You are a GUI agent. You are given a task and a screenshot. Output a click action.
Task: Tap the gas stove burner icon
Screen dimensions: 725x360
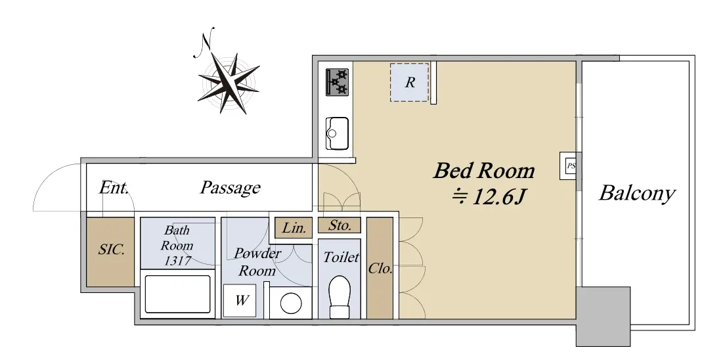(x=337, y=82)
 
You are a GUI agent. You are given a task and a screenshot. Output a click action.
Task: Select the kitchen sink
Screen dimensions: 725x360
(x=337, y=133)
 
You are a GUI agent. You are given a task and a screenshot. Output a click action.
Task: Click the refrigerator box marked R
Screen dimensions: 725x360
(x=410, y=82)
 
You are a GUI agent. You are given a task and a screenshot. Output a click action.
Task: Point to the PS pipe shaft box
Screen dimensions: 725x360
(x=569, y=166)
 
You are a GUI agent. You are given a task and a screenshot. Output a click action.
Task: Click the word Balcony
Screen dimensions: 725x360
(x=637, y=192)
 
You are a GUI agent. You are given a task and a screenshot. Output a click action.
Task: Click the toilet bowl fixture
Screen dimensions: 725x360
(x=340, y=297)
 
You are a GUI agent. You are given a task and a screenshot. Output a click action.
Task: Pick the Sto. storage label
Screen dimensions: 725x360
(x=340, y=225)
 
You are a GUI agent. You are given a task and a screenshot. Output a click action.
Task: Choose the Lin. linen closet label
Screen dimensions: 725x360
(x=294, y=228)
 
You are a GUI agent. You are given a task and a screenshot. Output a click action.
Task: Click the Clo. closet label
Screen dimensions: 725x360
(x=380, y=269)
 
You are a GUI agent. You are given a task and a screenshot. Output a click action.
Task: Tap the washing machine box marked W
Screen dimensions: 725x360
(x=240, y=300)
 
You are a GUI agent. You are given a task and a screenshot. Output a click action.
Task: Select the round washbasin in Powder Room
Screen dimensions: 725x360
(x=291, y=304)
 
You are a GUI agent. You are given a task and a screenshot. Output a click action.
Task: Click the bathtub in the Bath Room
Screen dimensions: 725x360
(x=177, y=294)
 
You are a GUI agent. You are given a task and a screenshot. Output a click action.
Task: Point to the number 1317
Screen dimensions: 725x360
(x=177, y=261)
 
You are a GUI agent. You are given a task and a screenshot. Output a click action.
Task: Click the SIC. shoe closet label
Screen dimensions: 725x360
(x=111, y=250)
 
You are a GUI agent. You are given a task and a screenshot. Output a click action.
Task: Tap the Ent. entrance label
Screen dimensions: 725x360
(x=114, y=187)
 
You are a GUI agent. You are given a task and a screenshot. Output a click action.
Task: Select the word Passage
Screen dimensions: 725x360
(x=230, y=187)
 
